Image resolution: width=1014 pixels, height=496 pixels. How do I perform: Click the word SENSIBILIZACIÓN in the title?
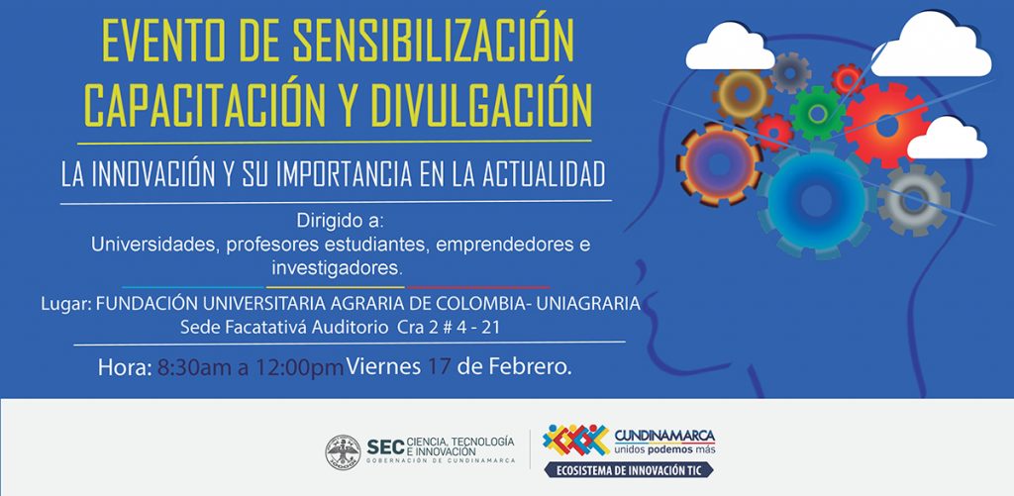pos(433,42)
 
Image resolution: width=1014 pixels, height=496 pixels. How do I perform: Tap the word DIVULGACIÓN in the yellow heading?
pos(480,104)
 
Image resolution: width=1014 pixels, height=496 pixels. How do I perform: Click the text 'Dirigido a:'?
pos(341,221)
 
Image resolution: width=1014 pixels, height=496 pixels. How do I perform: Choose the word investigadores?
pos(338,267)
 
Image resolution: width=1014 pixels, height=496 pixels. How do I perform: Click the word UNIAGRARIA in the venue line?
pos(588,303)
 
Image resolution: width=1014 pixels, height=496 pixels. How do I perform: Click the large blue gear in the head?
pos(817,200)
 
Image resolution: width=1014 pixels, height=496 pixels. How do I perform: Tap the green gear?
pos(817,113)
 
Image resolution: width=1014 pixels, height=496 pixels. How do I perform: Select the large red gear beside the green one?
pos(886,126)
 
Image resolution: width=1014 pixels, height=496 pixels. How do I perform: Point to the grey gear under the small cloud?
pos(914,200)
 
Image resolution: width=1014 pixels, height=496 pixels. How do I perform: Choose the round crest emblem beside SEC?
pos(343,452)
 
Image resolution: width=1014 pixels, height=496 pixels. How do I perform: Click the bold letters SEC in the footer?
pos(385,446)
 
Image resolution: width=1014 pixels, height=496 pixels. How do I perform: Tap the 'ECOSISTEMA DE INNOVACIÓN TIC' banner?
pos(629,470)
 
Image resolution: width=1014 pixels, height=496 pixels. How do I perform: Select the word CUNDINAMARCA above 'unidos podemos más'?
pos(664,435)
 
